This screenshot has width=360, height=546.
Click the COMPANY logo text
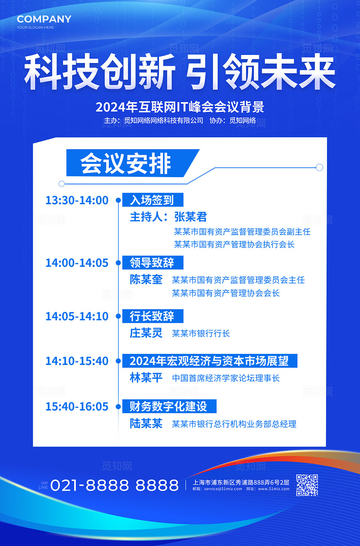44,19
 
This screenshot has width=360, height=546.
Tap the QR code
307,485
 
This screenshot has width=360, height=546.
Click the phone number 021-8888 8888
114,485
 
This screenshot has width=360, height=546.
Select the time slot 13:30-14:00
77,200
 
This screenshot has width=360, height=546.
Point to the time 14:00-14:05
77,263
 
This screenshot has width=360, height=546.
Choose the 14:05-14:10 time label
77,317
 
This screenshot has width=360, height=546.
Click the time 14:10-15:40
77,361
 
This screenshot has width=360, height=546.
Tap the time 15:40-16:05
77,407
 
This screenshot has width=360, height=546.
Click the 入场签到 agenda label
152,200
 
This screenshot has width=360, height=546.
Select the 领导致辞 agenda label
152,262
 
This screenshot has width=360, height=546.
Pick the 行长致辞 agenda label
152,316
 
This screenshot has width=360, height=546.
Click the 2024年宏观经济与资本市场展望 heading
209,361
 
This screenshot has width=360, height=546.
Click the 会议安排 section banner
126,163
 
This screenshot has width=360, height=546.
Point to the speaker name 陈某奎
146,280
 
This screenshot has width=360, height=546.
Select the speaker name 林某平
146,378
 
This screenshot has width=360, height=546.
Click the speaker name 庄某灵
146,333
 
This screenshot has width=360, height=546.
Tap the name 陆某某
146,424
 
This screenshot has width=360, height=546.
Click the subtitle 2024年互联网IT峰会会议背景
180,106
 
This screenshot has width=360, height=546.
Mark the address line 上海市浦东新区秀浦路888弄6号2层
241,482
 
